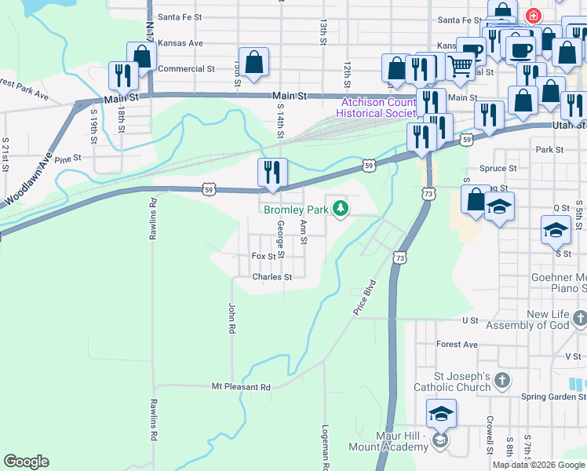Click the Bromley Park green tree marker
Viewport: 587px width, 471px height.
[x=341, y=209]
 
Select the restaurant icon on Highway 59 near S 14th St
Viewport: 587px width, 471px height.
[x=272, y=172]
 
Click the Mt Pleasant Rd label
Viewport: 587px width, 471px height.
[x=241, y=387]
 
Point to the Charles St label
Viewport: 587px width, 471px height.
[x=272, y=277]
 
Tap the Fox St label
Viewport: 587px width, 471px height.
[x=264, y=256]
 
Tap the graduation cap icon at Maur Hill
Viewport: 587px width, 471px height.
[x=442, y=413]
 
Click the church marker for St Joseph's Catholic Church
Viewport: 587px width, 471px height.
[x=503, y=381]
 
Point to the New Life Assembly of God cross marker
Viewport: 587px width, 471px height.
[x=579, y=319]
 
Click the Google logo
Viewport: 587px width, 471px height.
[x=26, y=462]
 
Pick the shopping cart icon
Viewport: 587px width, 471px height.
[x=461, y=69]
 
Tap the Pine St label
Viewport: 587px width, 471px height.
[x=68, y=159]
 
